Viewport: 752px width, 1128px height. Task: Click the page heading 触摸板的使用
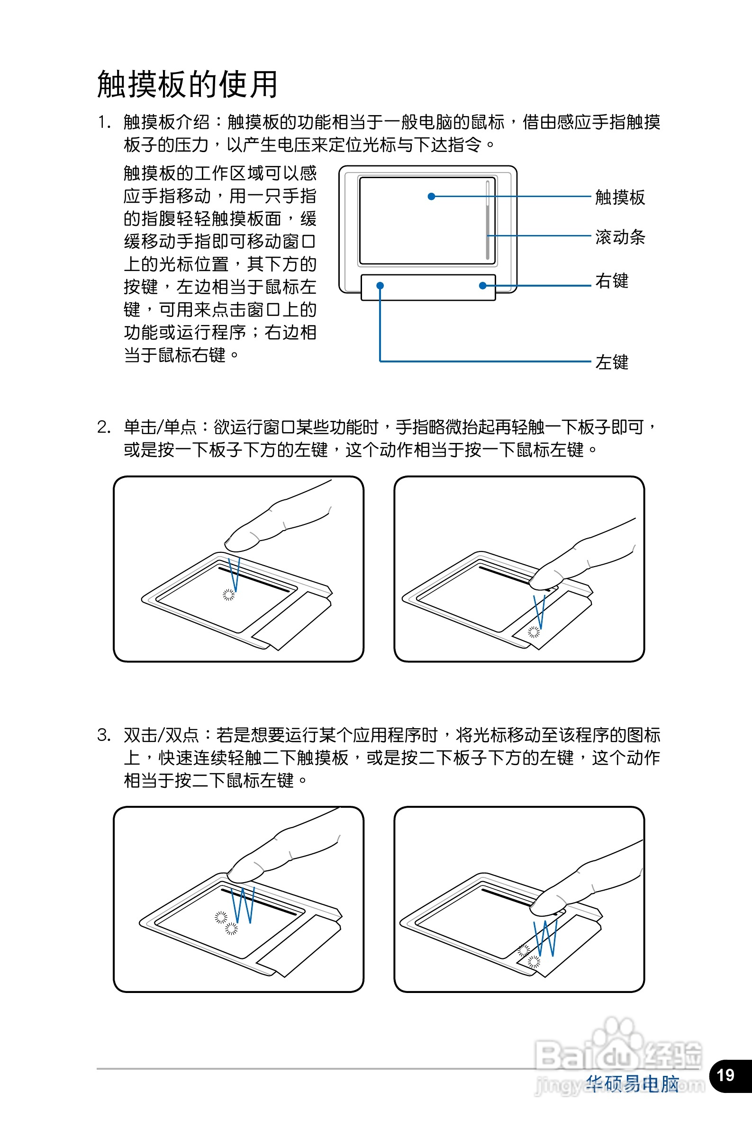tap(187, 84)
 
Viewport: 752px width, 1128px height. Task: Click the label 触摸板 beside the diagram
tap(620, 197)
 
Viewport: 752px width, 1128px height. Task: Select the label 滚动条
tap(620, 237)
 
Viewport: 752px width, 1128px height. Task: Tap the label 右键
tap(611, 281)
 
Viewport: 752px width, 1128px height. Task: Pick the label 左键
tap(611, 362)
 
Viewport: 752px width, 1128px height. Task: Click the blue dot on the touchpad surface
tap(431, 197)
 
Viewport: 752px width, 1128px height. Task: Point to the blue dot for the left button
tap(380, 286)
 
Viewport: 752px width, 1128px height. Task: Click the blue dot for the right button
tap(482, 286)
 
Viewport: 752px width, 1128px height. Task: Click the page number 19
tap(725, 1075)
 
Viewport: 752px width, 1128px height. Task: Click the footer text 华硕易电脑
tap(632, 1084)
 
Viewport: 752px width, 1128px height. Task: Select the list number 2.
tap(104, 427)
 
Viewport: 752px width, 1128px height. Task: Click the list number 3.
tap(104, 735)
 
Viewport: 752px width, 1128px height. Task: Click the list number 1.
tap(104, 122)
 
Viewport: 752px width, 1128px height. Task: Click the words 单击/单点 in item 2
tap(160, 427)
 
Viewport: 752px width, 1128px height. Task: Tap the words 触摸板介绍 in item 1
tap(166, 122)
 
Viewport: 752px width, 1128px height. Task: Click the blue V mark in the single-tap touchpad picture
tap(235, 574)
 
